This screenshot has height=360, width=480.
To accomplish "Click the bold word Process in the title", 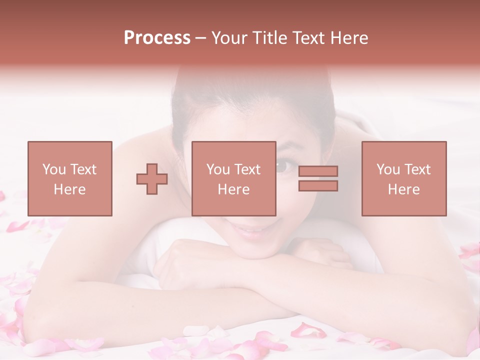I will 157,38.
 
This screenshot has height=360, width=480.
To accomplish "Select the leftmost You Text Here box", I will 69,178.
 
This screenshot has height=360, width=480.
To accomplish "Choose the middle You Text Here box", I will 233,178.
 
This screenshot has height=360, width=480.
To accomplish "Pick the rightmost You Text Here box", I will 403,178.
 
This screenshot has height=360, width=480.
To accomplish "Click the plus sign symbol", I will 152,179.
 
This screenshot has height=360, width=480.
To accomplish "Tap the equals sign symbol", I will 318,178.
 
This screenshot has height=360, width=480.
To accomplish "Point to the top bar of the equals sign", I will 318,171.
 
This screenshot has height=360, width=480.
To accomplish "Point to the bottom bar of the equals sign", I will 318,185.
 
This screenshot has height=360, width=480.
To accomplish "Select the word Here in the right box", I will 403,189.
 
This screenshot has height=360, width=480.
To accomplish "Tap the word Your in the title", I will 228,38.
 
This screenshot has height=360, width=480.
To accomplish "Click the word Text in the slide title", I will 310,38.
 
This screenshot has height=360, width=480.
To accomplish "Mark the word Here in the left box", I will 69,189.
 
